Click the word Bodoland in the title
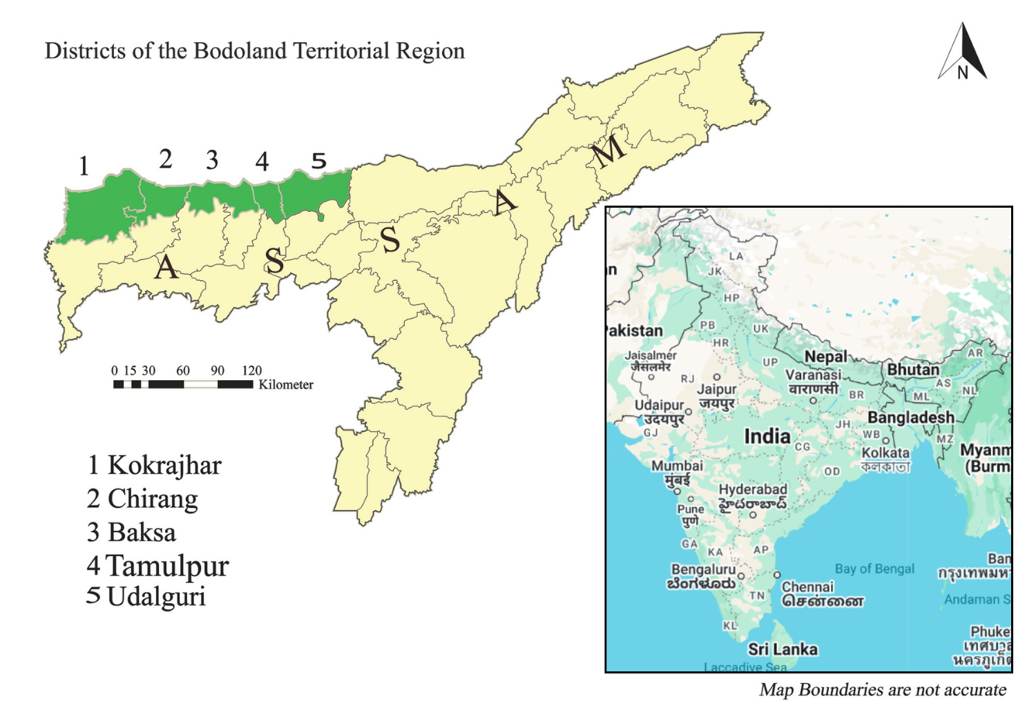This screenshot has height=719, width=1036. pos(240,51)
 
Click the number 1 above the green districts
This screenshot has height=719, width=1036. pos(84,166)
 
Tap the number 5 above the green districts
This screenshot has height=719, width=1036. pos(318,161)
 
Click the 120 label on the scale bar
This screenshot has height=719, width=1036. pos(251,371)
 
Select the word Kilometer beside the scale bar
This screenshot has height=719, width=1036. pos(286,384)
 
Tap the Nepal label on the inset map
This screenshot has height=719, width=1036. pos(825,357)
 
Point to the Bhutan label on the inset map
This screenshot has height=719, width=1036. pos(912,370)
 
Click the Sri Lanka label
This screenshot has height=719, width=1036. pos(783,649)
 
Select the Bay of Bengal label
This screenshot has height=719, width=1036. pos(874,569)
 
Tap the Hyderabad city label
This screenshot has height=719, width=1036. pos(753,489)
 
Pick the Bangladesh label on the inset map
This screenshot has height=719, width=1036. pos(910,417)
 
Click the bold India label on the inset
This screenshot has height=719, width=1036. pos(767,436)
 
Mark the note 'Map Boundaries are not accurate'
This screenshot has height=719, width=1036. pos(883,689)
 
